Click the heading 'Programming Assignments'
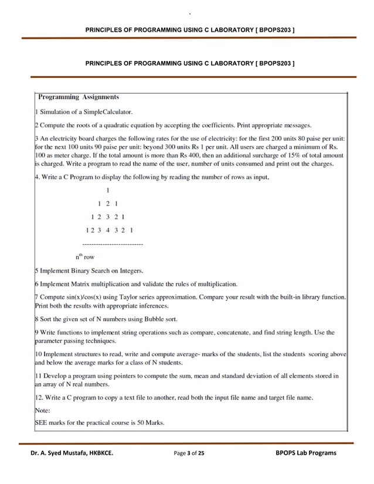click(79, 97)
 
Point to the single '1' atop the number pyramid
click(107, 190)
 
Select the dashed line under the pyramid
click(113, 243)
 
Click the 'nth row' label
click(85, 256)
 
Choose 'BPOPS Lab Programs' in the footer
click(305, 453)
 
